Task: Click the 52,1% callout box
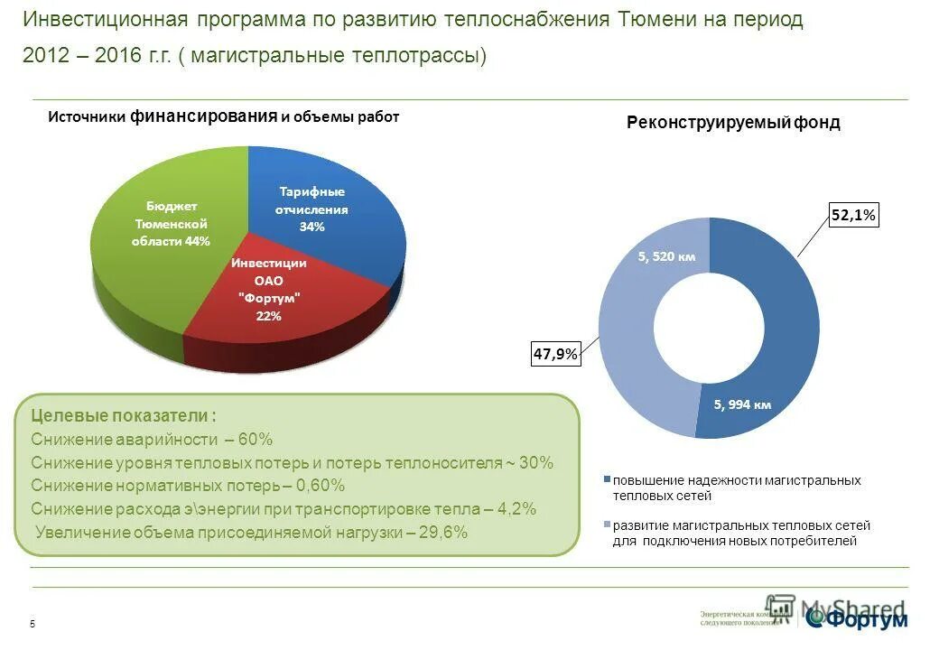(852, 215)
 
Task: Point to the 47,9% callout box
(555, 354)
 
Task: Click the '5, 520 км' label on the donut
(666, 256)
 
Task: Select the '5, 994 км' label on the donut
(742, 404)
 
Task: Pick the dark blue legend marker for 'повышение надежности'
(607, 480)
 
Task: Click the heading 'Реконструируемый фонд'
(732, 123)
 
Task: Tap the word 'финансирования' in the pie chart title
(203, 116)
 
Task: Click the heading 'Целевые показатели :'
(124, 416)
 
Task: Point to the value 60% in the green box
(256, 440)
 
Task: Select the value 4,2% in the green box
(518, 509)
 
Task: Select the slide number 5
(33, 626)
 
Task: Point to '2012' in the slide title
(44, 56)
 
